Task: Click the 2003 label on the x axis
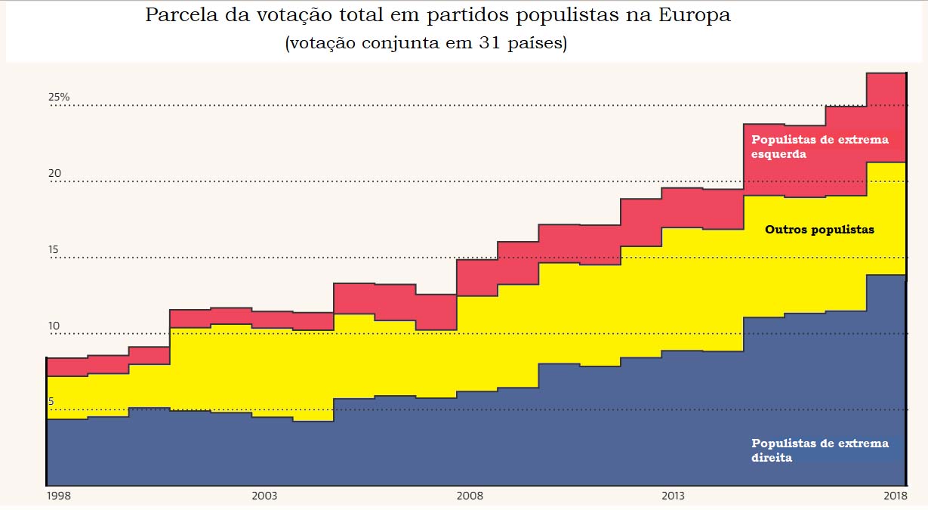click(x=264, y=496)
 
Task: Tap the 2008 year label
click(x=470, y=496)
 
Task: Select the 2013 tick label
click(x=673, y=496)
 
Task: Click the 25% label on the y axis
click(x=59, y=97)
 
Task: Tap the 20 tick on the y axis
click(x=54, y=174)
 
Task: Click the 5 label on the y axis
click(x=51, y=402)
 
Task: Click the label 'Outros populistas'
click(x=819, y=230)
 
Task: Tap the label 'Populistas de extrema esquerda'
click(x=819, y=147)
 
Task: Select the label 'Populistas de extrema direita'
click(x=819, y=450)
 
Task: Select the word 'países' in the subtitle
click(x=535, y=43)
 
